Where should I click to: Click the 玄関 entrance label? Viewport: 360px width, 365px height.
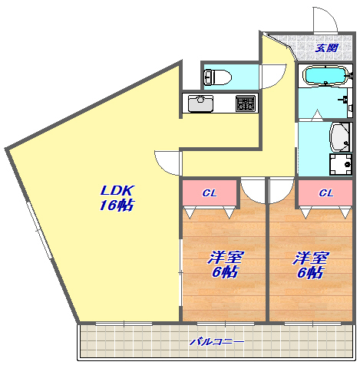[326, 48]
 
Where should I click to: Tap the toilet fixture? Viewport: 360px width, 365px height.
[218, 77]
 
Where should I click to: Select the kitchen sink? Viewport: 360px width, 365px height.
[200, 104]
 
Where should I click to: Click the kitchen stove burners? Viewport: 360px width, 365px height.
[246, 104]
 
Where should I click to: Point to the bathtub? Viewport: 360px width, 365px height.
[325, 75]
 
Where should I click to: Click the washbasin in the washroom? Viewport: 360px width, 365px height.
[339, 137]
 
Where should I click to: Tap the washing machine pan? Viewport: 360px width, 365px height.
[341, 164]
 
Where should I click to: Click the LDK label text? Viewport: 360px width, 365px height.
[117, 190]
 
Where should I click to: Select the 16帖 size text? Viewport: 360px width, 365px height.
[117, 205]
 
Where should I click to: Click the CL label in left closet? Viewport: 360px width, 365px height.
[210, 193]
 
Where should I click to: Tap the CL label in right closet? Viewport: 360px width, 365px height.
[326, 193]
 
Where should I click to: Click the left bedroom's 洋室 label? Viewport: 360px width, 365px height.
[226, 258]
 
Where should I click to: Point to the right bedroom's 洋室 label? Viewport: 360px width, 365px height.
[311, 258]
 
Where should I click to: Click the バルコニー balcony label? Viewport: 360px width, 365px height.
[216, 342]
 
